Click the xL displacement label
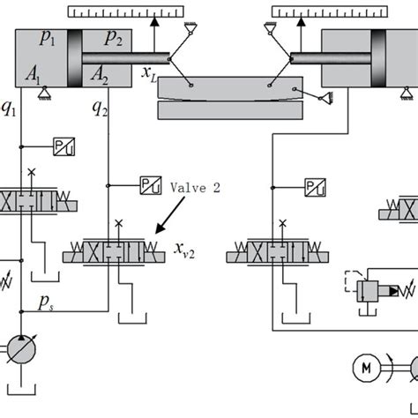pos(149,77)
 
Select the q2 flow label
pos(98,107)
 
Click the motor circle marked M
pos(364,366)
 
